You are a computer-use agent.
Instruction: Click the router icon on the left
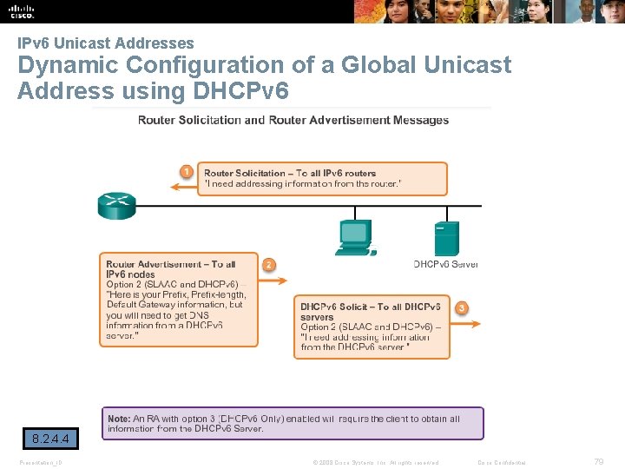[x=116, y=206]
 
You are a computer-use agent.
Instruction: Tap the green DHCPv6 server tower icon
[x=445, y=239]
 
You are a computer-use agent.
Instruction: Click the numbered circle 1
[x=185, y=170]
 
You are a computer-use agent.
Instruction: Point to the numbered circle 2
[x=269, y=264]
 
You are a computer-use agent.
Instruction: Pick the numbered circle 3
[x=462, y=307]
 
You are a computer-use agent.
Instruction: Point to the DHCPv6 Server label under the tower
[x=445, y=264]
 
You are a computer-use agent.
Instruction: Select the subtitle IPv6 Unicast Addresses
[x=106, y=43]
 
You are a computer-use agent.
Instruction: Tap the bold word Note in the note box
[x=119, y=419]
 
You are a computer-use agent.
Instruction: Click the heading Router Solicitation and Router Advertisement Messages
[x=293, y=120]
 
